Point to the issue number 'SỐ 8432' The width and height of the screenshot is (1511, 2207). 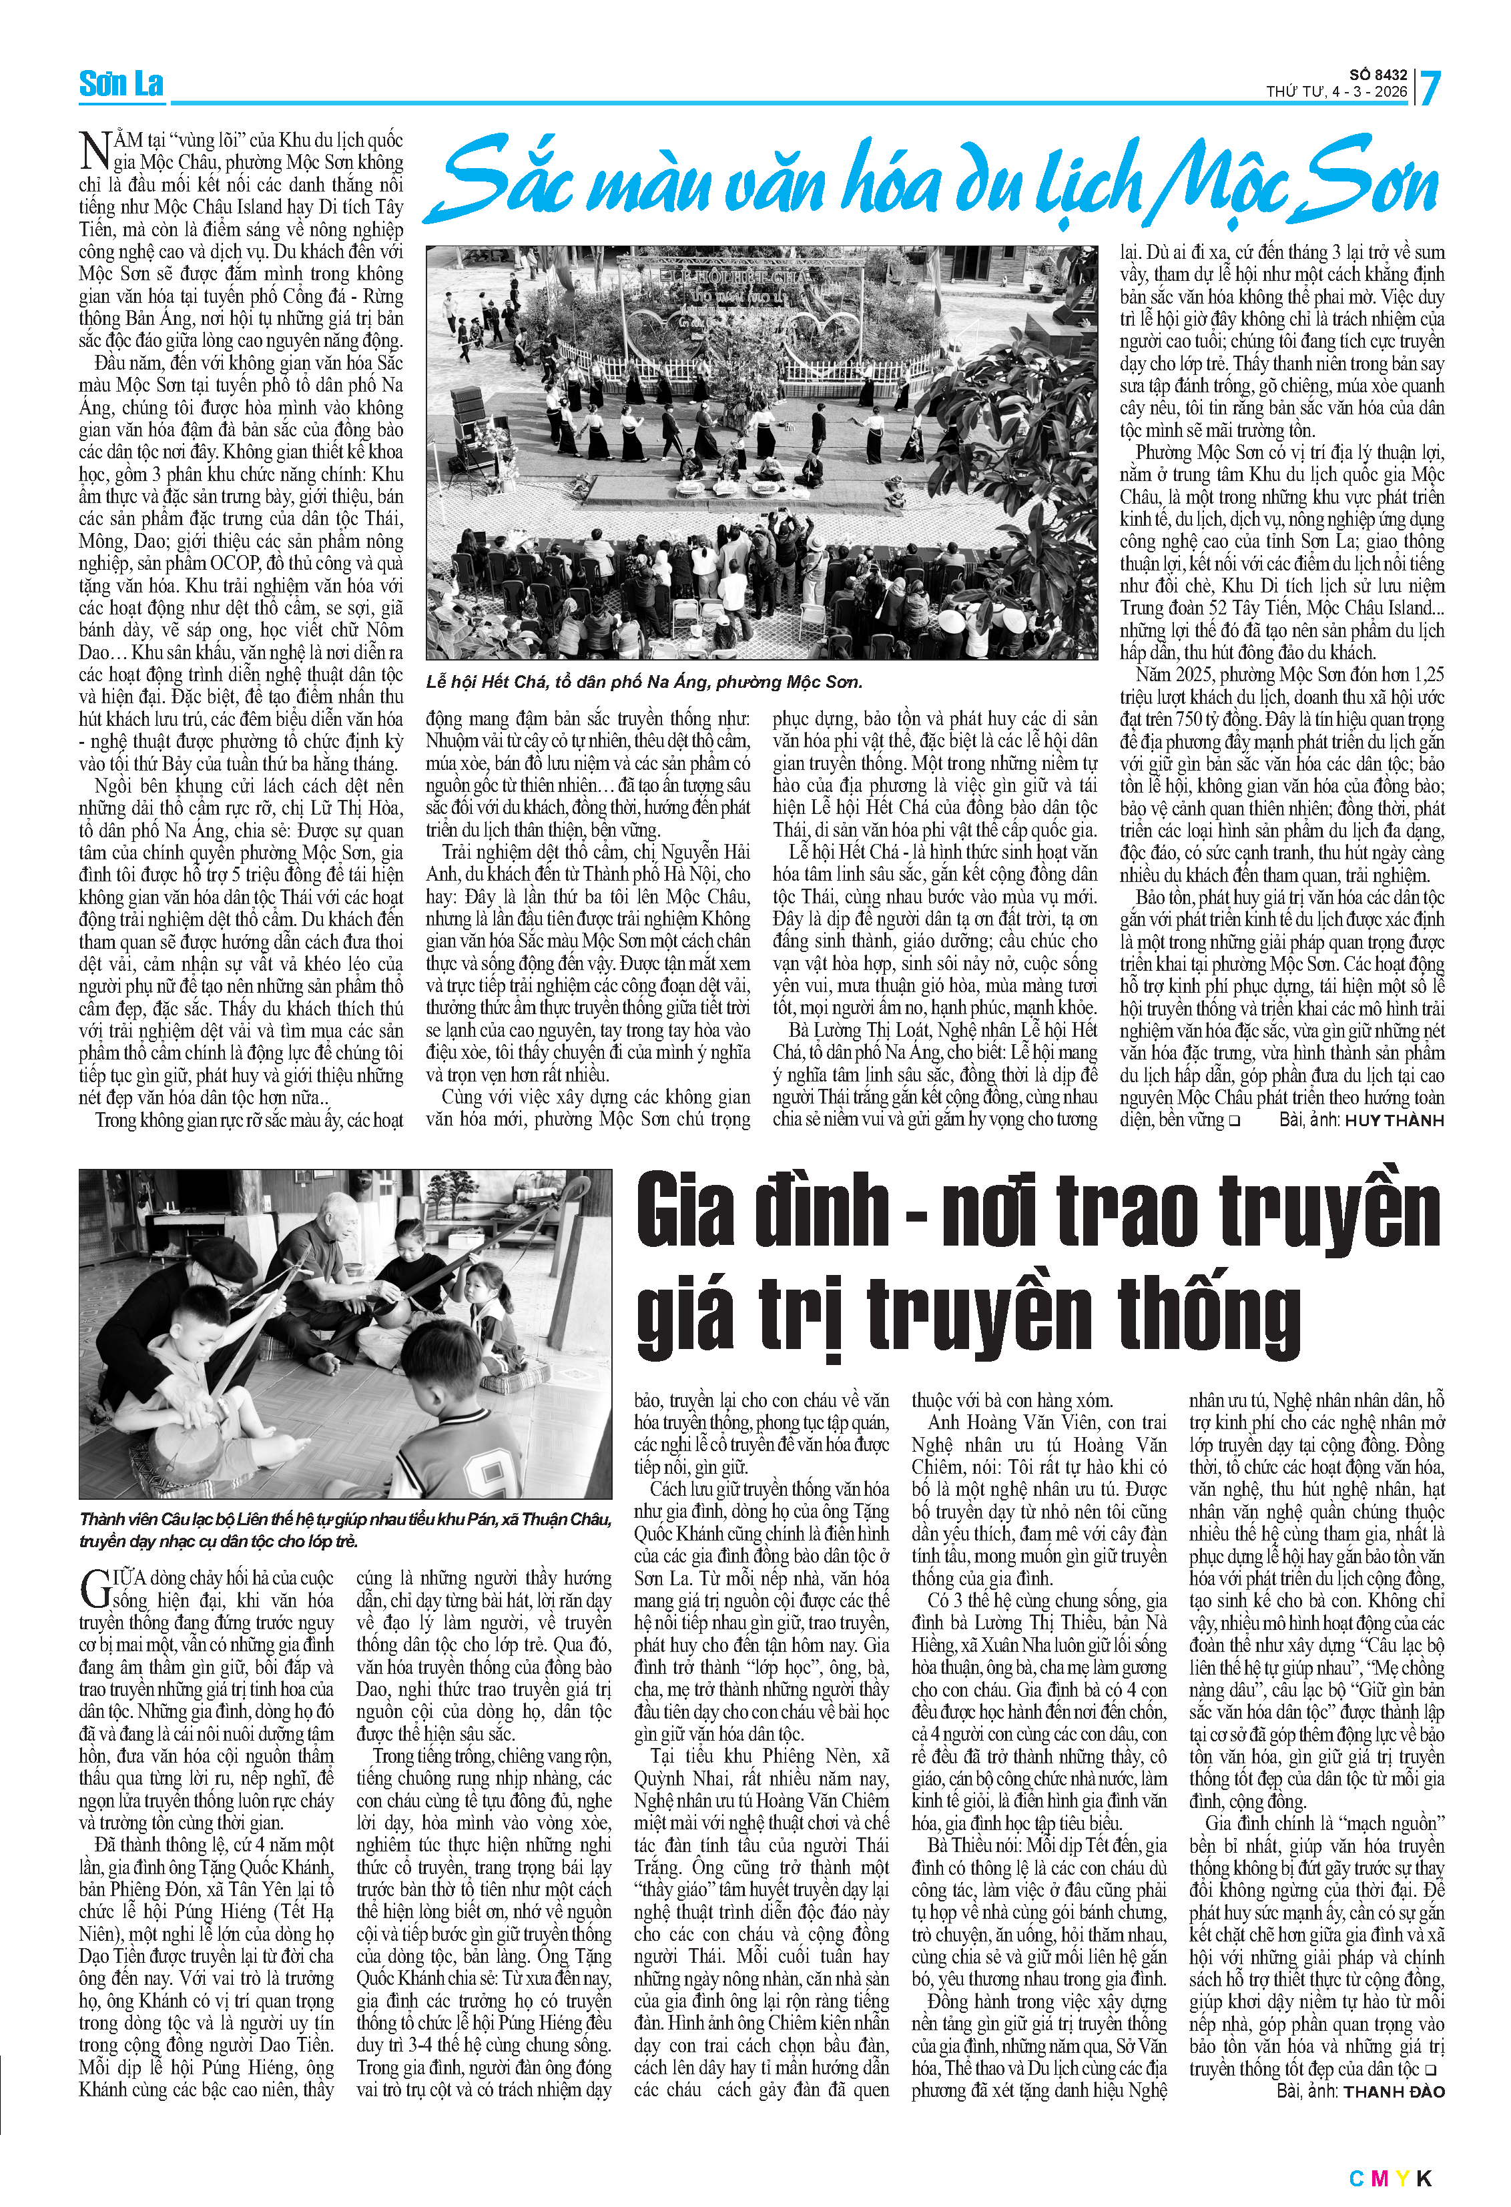1378,74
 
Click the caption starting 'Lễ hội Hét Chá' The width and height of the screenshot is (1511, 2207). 644,682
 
